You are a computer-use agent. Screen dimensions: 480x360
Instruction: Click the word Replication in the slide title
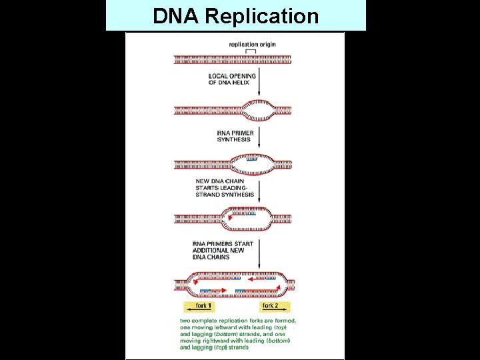tap(263, 16)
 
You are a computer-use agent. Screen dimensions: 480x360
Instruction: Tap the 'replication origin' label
tap(252, 45)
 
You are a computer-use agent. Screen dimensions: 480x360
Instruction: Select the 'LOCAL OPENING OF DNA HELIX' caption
tap(231, 79)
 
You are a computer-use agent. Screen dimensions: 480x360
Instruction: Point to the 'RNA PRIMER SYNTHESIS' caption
tap(234, 136)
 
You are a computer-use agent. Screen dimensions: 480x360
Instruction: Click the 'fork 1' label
tap(204, 306)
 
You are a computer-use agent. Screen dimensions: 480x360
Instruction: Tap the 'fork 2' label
tap(270, 306)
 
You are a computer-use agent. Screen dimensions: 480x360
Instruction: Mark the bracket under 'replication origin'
tap(251, 51)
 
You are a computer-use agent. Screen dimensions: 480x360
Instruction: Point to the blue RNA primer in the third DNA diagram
tap(251, 159)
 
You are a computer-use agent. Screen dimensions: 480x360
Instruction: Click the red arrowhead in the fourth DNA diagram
tap(229, 217)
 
